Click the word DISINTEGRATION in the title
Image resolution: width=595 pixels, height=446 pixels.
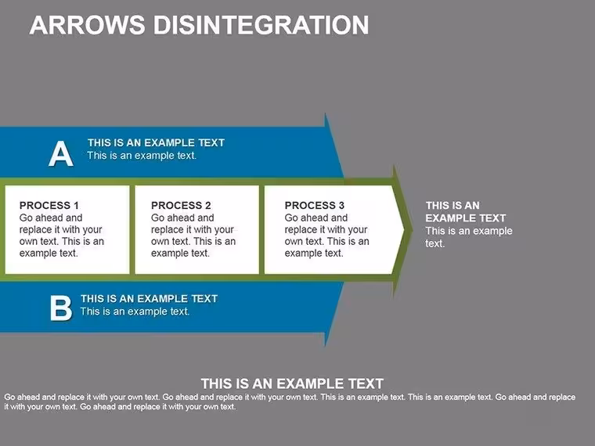261,25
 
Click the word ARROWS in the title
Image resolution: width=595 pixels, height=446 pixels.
87,25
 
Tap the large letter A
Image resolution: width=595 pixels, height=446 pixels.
61,153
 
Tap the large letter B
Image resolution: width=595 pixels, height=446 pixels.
61,308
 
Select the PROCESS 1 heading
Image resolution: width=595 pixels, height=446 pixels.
49,206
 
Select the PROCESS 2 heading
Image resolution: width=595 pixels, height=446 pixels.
181,206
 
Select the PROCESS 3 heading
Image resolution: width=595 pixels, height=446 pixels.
315,206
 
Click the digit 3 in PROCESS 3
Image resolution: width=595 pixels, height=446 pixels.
341,206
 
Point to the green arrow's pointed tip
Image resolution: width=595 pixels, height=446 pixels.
413,229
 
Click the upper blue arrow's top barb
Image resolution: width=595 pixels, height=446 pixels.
326,113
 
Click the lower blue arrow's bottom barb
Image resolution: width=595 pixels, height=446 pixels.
326,345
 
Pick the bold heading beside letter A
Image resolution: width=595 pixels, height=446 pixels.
156,142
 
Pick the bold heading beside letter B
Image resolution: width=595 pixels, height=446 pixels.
149,298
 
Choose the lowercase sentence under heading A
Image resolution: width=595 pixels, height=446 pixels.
142,156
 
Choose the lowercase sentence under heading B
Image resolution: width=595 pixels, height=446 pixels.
135,311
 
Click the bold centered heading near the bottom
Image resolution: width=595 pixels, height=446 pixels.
292,384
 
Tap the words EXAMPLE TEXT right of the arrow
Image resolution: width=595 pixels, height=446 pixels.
466,218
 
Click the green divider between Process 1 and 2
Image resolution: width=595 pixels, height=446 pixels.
132,229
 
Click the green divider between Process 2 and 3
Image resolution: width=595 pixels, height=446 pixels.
261,229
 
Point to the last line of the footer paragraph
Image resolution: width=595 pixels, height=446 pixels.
120,407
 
